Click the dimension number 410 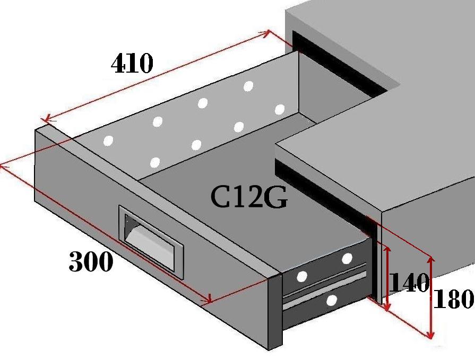tap(132, 63)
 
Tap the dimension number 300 tap(91, 261)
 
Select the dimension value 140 tap(409, 282)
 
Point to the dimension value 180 tap(453, 298)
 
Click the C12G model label tap(249, 197)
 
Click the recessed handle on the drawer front tap(151, 242)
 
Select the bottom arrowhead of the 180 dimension tap(430, 334)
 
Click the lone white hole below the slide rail tap(332, 300)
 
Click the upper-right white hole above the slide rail tap(347, 259)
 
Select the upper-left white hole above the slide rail tap(302, 276)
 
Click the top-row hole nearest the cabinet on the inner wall tap(248, 86)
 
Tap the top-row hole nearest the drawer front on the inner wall tap(108, 141)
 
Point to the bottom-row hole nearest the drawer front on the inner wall tap(155, 162)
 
